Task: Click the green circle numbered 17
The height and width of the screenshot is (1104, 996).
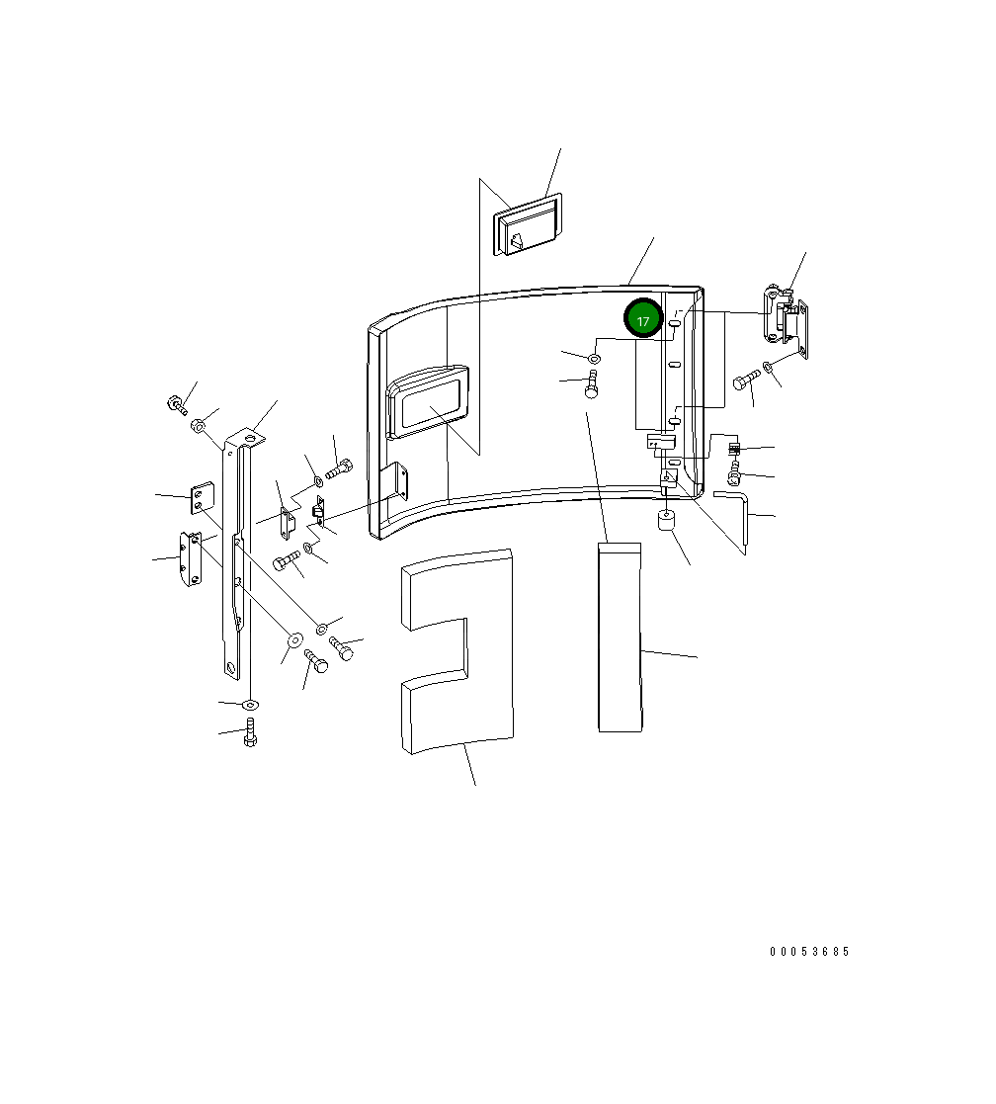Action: pos(643,318)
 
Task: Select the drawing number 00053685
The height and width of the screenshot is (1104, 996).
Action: pos(809,952)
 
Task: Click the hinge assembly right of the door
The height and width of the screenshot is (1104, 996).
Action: pos(786,322)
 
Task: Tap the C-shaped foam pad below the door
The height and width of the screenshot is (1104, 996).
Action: pos(456,651)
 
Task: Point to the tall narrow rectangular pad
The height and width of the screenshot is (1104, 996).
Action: pos(621,637)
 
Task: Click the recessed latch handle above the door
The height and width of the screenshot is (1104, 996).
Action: pos(528,224)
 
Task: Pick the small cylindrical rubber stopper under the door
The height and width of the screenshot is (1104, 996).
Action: pos(666,521)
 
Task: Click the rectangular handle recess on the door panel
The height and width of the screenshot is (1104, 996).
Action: pos(428,401)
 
